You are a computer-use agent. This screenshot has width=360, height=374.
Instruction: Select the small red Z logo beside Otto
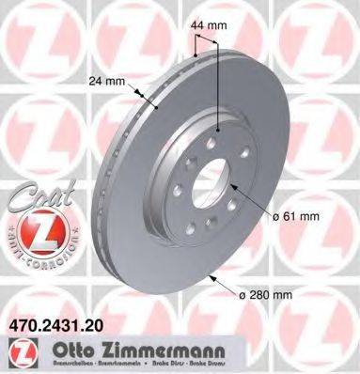click(x=16, y=349)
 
